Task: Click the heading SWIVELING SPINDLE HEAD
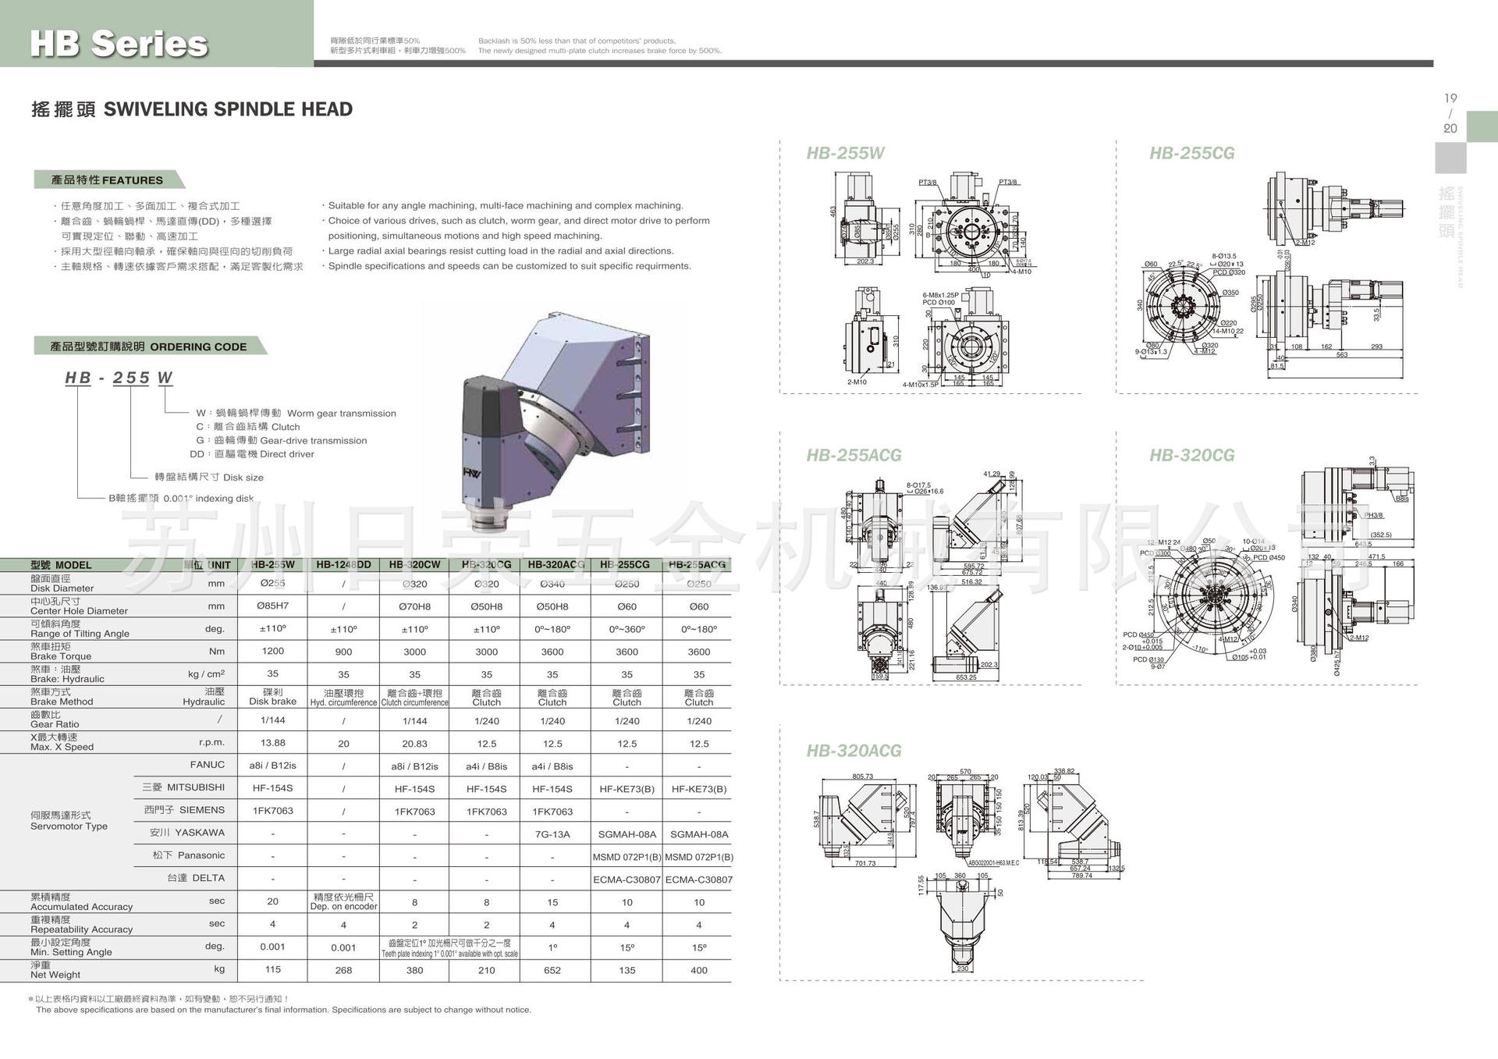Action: click(228, 109)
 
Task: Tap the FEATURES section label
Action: click(107, 180)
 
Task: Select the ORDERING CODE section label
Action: click(148, 346)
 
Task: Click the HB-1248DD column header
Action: click(343, 564)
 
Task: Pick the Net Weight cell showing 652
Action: click(552, 970)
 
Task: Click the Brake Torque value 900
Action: click(343, 652)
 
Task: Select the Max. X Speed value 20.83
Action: click(414, 744)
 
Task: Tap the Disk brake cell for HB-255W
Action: click(272, 697)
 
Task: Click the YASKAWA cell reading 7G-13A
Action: click(552, 834)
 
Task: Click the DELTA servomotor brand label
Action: click(196, 878)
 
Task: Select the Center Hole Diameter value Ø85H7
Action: click(272, 606)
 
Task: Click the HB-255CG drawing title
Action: click(1191, 153)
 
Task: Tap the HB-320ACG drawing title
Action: click(854, 751)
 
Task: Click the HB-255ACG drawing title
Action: click(854, 455)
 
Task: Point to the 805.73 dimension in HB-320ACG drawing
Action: click(862, 776)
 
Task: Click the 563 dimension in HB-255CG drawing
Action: click(1341, 355)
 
